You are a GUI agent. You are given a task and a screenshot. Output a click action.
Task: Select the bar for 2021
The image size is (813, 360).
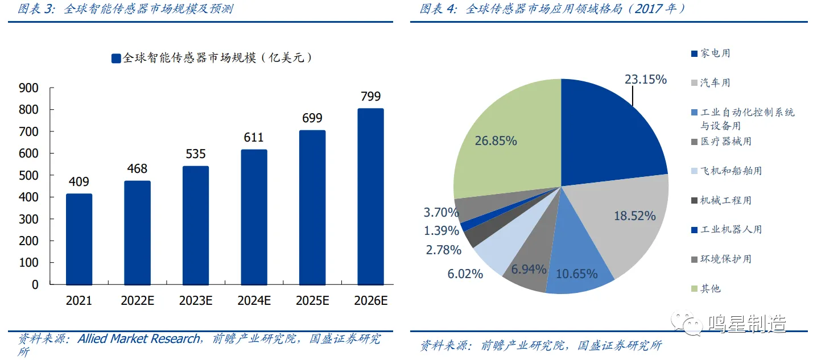tap(79, 239)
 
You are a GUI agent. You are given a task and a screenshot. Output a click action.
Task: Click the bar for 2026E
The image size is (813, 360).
tap(370, 196)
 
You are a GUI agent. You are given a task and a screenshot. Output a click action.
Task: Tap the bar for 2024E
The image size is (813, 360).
tap(254, 217)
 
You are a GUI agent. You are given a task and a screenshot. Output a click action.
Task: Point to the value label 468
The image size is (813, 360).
tap(137, 169)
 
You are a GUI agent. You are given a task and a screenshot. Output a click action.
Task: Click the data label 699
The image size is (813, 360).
tap(312, 118)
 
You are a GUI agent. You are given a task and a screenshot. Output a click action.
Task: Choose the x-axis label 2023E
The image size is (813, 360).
tap(196, 301)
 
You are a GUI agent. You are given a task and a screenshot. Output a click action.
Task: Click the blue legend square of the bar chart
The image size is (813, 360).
tap(116, 58)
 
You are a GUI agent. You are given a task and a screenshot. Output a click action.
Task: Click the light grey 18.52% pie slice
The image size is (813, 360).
tap(626, 222)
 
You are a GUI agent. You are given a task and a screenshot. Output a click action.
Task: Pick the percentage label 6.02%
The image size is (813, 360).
tap(465, 274)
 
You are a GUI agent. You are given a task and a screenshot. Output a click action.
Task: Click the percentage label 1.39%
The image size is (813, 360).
tap(441, 231)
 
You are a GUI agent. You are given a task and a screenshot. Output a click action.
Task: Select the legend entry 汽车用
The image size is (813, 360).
tap(715, 82)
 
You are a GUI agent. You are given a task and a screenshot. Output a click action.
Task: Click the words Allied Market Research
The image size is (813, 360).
tap(139, 339)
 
